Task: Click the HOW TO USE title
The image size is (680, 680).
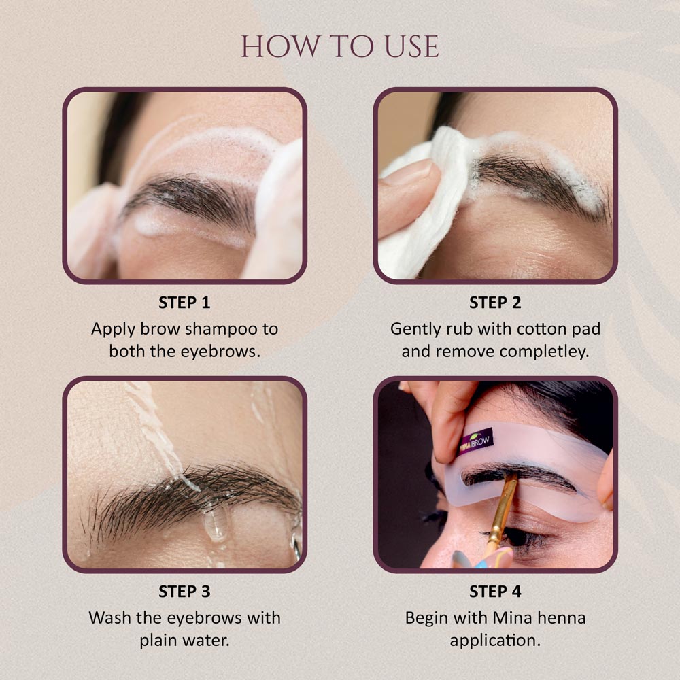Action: click(340, 46)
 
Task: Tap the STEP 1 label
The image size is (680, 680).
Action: click(184, 302)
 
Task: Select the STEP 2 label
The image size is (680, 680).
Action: click(495, 302)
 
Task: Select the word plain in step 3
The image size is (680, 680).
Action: click(164, 641)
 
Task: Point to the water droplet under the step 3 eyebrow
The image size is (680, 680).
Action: click(216, 526)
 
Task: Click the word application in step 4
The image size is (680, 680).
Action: click(496, 641)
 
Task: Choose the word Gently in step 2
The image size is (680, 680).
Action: click(416, 329)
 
